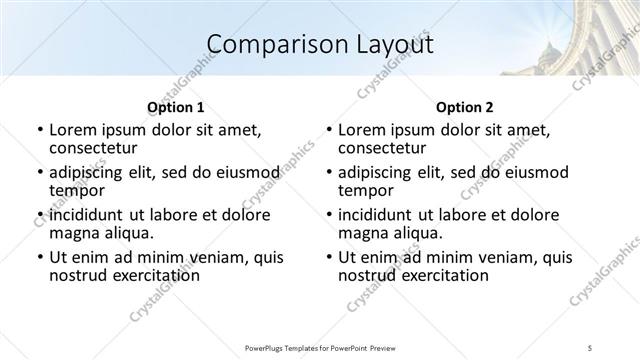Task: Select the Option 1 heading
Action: click(175, 107)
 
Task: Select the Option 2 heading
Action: click(465, 107)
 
